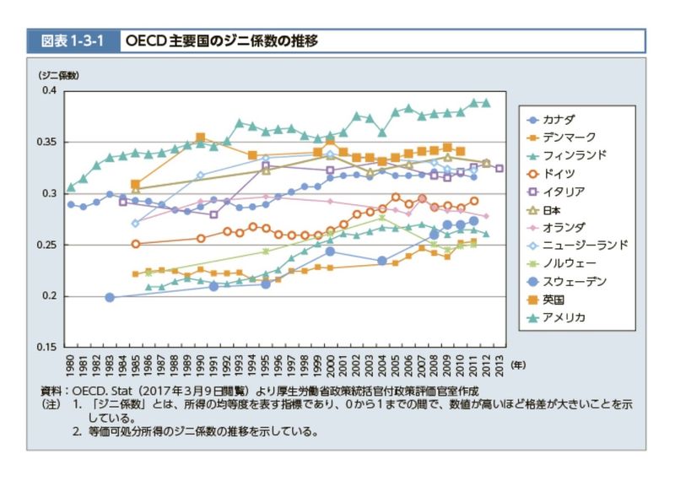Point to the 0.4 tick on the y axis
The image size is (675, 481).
tap(48, 90)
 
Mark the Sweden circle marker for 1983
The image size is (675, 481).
tap(110, 297)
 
